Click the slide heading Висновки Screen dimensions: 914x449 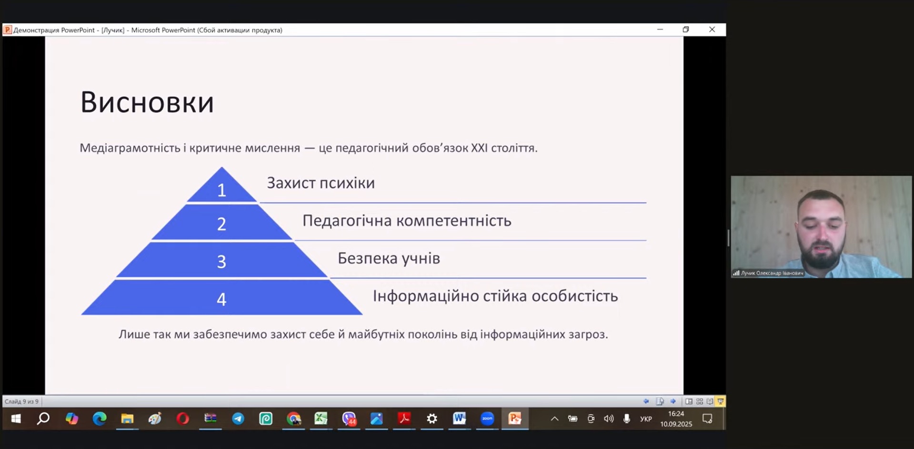coord(147,102)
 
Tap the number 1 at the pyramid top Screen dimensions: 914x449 coord(221,190)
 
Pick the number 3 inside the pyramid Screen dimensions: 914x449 coord(221,262)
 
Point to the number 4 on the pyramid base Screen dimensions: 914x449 coord(221,299)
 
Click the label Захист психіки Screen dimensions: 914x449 coord(321,183)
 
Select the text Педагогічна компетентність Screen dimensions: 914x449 coord(407,220)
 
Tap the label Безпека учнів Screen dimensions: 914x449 coord(389,258)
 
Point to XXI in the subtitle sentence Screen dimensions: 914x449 coord(479,148)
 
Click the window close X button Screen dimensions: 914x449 coord(712,29)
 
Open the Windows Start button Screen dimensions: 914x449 coord(16,419)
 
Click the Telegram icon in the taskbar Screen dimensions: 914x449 coord(238,419)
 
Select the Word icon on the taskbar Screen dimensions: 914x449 coord(459,418)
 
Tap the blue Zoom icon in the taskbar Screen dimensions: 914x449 coord(487,419)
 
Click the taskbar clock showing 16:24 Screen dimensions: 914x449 coord(676,414)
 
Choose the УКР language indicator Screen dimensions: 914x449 coord(646,419)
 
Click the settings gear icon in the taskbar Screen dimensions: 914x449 coord(432,419)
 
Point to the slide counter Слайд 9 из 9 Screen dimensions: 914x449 coord(21,401)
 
